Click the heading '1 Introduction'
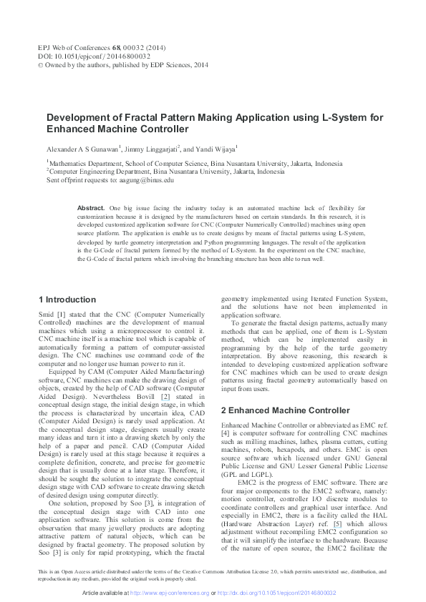tap(67, 300)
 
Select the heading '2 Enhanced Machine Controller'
tap(275, 410)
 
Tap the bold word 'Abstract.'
tap(91, 207)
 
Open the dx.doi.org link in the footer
tap(277, 593)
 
